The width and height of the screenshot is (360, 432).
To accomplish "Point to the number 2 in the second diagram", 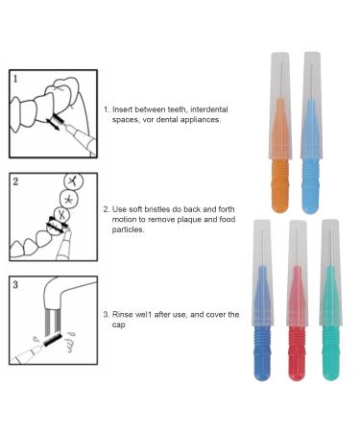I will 15,180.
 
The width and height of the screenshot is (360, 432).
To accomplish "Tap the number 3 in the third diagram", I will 15,284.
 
